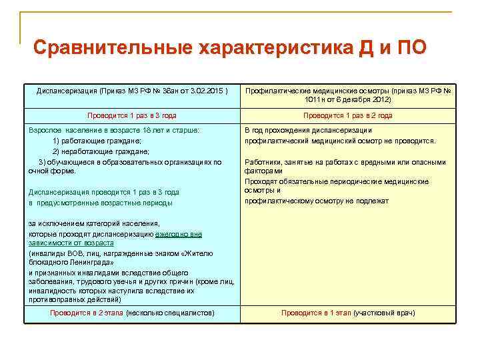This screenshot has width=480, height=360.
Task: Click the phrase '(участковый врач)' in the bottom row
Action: [x=384, y=313]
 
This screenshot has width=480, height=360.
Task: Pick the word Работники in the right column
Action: [x=263, y=162]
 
